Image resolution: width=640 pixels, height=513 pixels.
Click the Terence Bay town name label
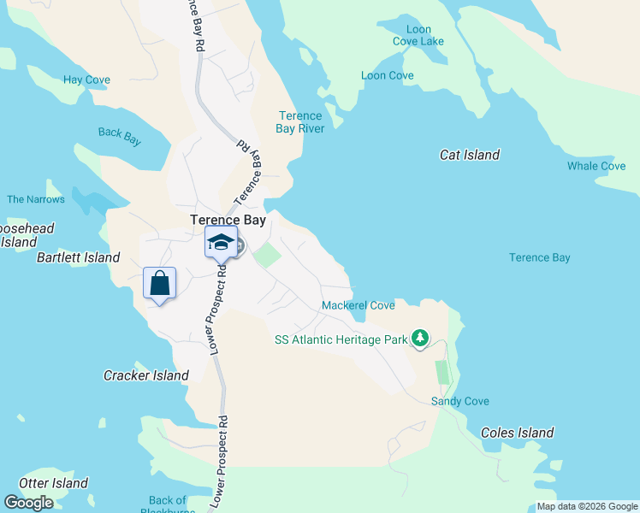[228, 220]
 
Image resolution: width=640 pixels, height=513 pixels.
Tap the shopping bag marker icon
[160, 283]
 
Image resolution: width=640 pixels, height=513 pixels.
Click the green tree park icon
[419, 339]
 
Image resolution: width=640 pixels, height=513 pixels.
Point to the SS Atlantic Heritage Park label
[341, 339]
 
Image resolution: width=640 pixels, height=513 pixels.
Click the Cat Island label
[469, 155]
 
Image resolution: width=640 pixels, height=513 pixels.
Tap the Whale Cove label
[596, 166]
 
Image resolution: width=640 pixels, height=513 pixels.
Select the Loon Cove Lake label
[418, 35]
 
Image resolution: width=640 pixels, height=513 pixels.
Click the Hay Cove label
[86, 80]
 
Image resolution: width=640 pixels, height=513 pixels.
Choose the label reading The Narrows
[36, 199]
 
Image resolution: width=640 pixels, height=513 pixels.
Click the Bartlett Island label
[78, 257]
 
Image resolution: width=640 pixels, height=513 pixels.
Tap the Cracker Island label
[146, 375]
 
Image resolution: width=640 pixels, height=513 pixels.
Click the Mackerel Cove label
[358, 305]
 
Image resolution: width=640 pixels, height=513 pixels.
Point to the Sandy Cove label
[459, 401]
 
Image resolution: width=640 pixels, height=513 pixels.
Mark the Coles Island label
[517, 433]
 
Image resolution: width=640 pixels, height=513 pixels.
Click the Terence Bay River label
[299, 122]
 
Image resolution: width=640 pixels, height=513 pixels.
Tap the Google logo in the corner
[28, 502]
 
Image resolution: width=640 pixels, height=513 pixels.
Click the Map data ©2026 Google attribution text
[587, 506]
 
